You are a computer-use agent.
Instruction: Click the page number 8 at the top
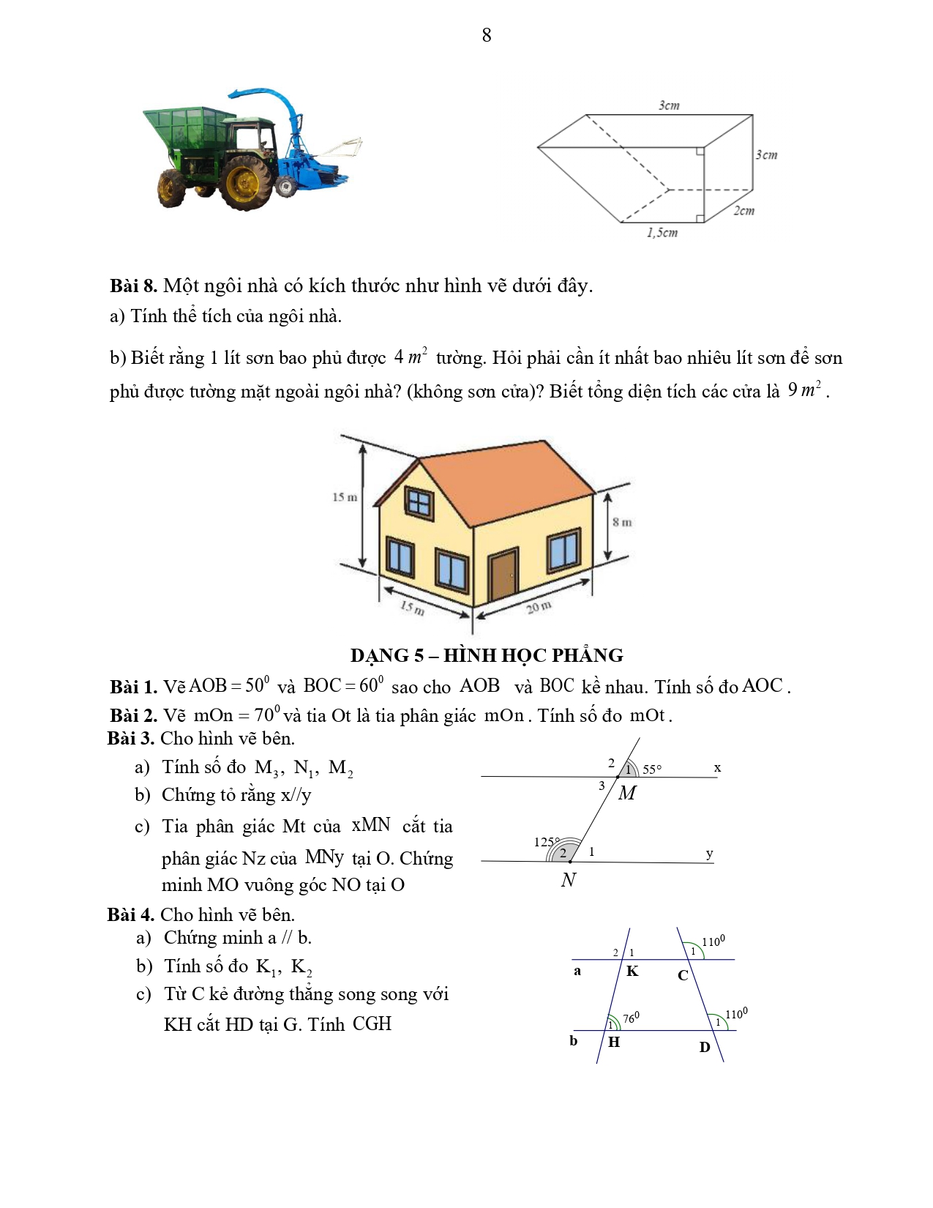pyautogui.click(x=487, y=35)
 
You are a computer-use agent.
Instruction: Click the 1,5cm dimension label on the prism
pyautogui.click(x=662, y=233)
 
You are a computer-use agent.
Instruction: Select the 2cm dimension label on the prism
pyautogui.click(x=744, y=211)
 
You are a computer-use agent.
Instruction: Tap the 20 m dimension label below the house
pyautogui.click(x=539, y=607)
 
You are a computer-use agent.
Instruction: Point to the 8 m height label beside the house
pyautogui.click(x=623, y=522)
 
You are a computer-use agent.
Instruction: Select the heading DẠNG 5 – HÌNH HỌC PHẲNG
pyautogui.click(x=487, y=655)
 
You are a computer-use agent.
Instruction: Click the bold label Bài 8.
pyautogui.click(x=133, y=286)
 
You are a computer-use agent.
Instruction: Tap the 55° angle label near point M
pyautogui.click(x=652, y=769)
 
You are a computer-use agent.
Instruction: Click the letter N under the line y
pyautogui.click(x=569, y=880)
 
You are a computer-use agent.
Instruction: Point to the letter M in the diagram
pyautogui.click(x=627, y=793)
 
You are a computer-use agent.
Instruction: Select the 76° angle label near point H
pyautogui.click(x=631, y=1018)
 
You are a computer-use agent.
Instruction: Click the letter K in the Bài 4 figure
pyautogui.click(x=632, y=972)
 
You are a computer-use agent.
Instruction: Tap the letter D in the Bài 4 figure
pyautogui.click(x=705, y=1048)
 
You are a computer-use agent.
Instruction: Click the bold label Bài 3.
pyautogui.click(x=131, y=739)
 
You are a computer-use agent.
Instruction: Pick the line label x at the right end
pyautogui.click(x=717, y=768)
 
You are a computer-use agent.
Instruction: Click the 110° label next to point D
pyautogui.click(x=736, y=1014)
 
